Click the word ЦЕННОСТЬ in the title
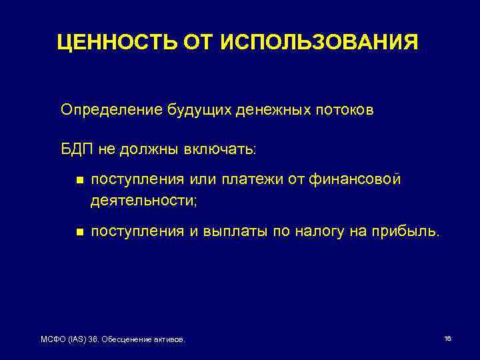coord(114,43)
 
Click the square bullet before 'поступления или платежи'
coord(79,180)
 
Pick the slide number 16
coord(447,339)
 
